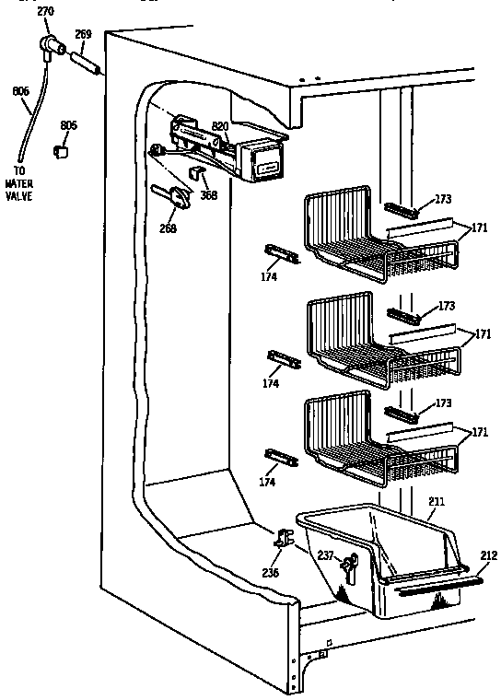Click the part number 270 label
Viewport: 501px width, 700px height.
pos(46,12)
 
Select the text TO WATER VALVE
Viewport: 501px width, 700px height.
pos(18,183)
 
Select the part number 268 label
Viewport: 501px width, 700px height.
pos(168,229)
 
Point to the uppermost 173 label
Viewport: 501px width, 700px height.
pos(445,199)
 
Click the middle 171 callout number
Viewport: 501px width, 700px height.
pos(481,334)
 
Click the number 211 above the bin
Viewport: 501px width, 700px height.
pos(437,502)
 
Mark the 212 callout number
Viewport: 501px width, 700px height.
pos(487,555)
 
